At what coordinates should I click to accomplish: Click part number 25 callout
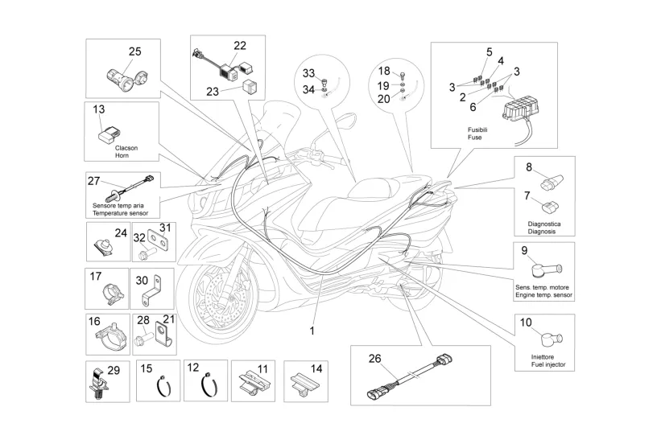click(134, 52)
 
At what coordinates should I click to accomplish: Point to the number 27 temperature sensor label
click(94, 181)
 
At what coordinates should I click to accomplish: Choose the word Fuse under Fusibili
click(474, 138)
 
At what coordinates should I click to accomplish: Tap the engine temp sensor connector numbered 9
click(547, 269)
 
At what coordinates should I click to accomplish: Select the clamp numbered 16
click(108, 339)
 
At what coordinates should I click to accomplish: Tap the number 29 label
click(113, 370)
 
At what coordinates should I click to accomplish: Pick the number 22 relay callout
click(240, 45)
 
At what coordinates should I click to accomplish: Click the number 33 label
click(309, 73)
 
